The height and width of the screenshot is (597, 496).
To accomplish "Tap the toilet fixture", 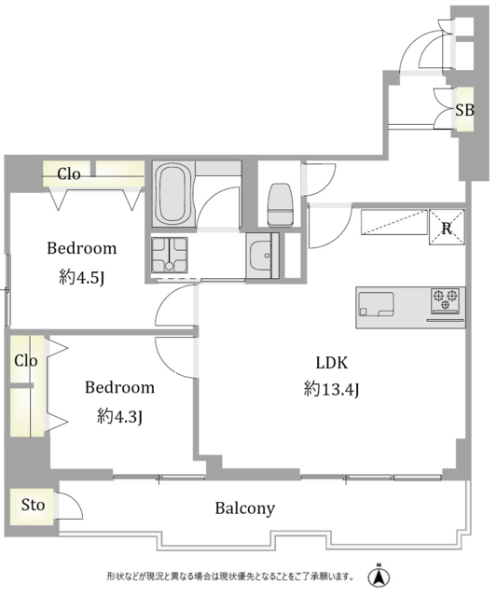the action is pyautogui.click(x=281, y=205).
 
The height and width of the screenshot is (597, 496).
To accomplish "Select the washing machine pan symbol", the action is pyautogui.click(x=170, y=255).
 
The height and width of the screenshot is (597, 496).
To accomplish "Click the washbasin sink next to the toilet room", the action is pyautogui.click(x=262, y=255).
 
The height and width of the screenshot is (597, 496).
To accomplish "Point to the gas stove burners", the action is pyautogui.click(x=446, y=300).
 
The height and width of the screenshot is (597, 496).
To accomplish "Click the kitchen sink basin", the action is pyautogui.click(x=376, y=304).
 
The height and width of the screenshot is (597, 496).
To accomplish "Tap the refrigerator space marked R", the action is pyautogui.click(x=447, y=227).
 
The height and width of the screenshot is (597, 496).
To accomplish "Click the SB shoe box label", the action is pyautogui.click(x=465, y=110).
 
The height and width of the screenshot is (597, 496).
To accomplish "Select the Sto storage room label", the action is pyautogui.click(x=34, y=505).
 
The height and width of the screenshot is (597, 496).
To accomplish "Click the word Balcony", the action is pyautogui.click(x=245, y=508).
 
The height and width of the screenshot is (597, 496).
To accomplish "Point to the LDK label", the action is pyautogui.click(x=332, y=363).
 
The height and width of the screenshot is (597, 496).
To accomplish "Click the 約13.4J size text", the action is pyautogui.click(x=331, y=389).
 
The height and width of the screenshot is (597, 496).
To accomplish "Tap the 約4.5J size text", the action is pyautogui.click(x=82, y=277).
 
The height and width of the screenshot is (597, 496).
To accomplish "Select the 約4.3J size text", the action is pyautogui.click(x=119, y=416).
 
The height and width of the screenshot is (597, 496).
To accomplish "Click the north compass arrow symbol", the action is pyautogui.click(x=379, y=576).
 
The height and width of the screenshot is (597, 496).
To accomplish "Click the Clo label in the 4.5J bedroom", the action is pyautogui.click(x=69, y=174).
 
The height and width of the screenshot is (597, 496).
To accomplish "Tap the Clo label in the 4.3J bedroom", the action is pyautogui.click(x=26, y=361).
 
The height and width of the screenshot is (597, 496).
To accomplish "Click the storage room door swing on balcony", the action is pyautogui.click(x=70, y=506).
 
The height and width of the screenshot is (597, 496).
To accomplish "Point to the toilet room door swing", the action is pyautogui.click(x=319, y=180).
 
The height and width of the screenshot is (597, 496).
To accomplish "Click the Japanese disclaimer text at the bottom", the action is pyautogui.click(x=230, y=576).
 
